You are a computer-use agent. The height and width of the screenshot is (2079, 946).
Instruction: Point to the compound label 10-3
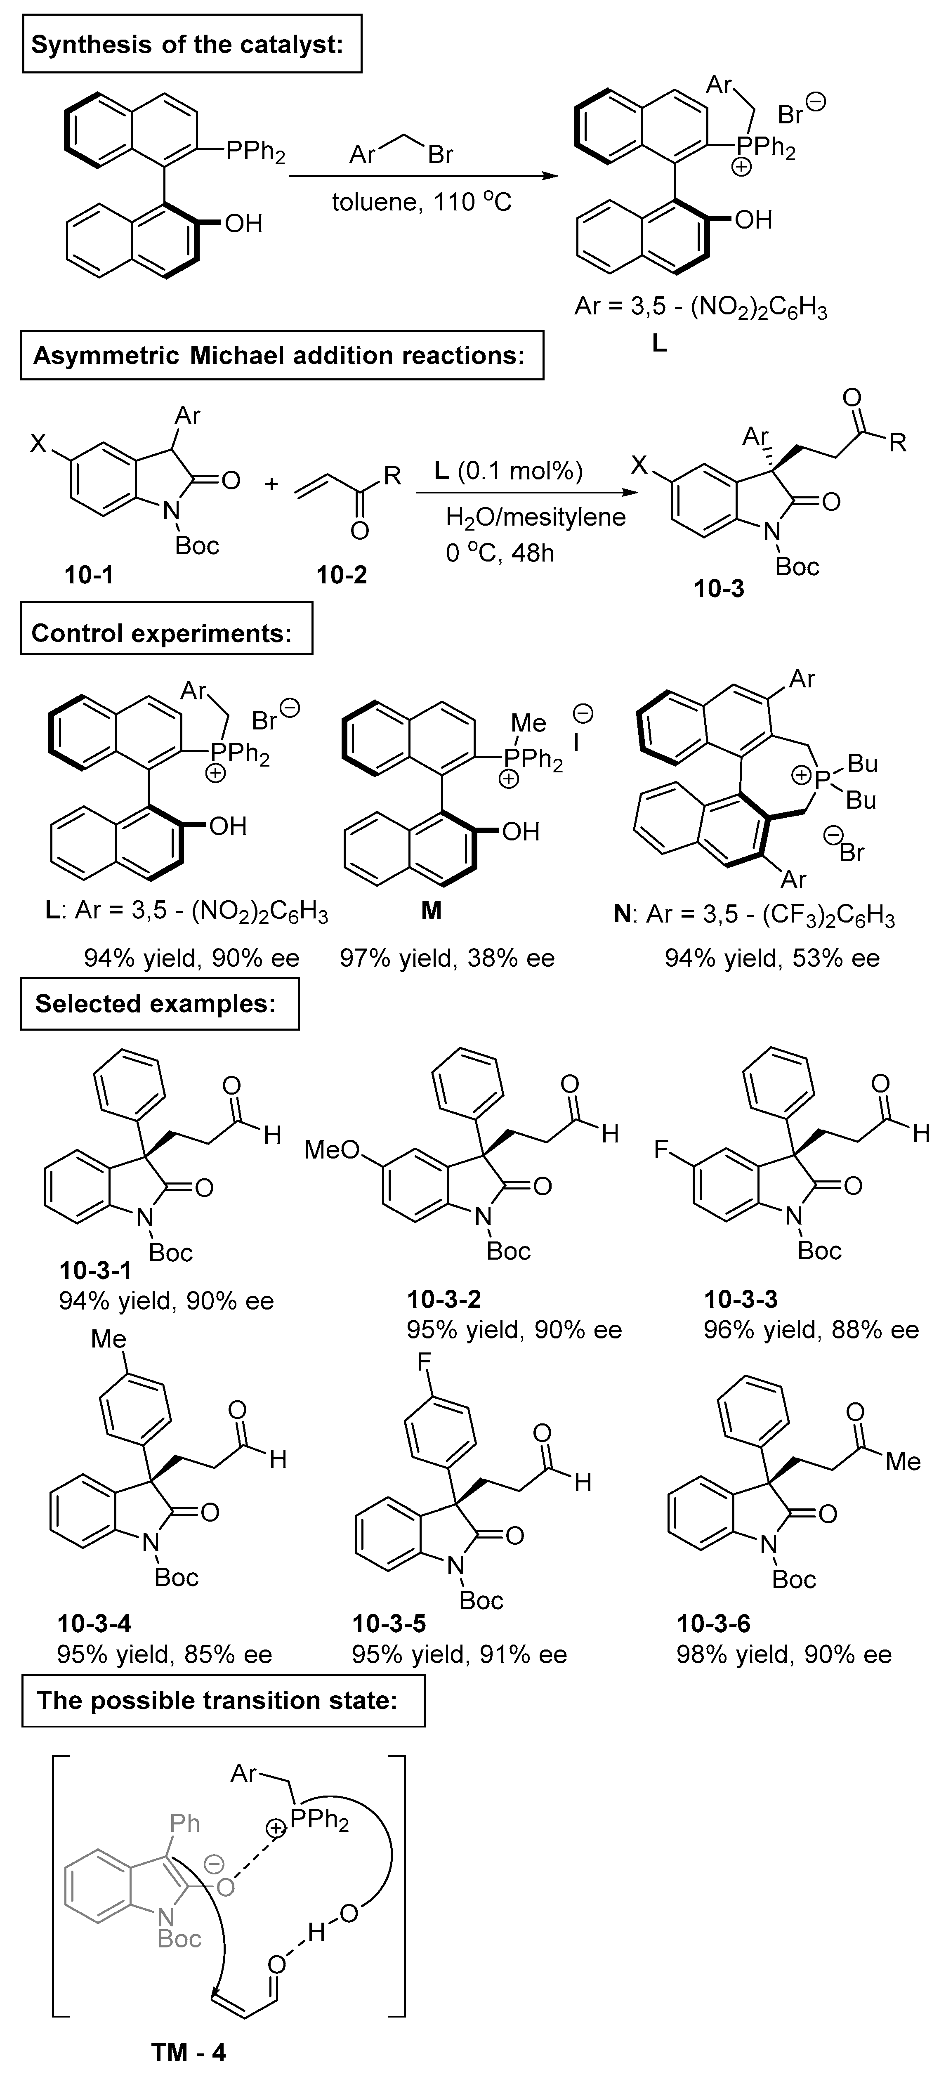point(719,589)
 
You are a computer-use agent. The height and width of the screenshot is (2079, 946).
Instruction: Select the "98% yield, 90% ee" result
point(784,1655)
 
